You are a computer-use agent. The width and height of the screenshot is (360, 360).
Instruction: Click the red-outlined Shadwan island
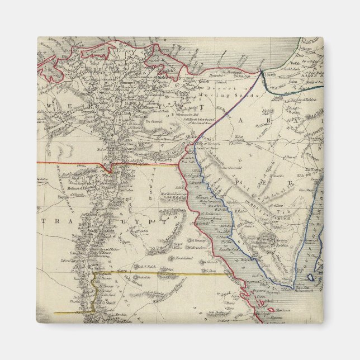point(271,309)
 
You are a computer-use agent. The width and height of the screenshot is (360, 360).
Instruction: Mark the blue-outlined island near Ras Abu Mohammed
point(311,277)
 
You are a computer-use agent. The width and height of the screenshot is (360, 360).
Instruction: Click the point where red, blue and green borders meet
point(262,72)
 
